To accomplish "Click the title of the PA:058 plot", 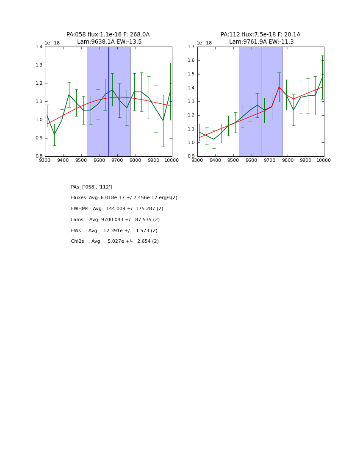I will pyautogui.click(x=108, y=38).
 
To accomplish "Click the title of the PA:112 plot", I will pyautogui.click(x=260, y=38).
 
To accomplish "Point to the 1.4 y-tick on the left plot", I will pyautogui.click(x=39, y=47).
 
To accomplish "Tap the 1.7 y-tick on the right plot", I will pyautogui.click(x=191, y=47).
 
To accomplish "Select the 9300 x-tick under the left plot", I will pyautogui.click(x=45, y=161).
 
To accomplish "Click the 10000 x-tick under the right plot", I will pyautogui.click(x=324, y=161).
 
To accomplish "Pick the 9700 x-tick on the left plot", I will pyautogui.click(x=117, y=161).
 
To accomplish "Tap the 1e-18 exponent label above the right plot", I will pyautogui.click(x=204, y=43).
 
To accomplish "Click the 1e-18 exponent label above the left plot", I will pyautogui.click(x=52, y=43).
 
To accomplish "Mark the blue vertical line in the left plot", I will pyautogui.click(x=108, y=102).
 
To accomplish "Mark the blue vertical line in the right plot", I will pyautogui.click(x=261, y=102).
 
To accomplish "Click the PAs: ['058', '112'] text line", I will pyautogui.click(x=91, y=187).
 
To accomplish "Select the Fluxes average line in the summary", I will pyautogui.click(x=124, y=198).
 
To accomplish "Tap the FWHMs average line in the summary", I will pyautogui.click(x=117, y=209).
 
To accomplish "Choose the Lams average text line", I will pyautogui.click(x=115, y=220).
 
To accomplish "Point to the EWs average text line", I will pyautogui.click(x=114, y=231).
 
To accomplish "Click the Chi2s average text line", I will pyautogui.click(x=115, y=241).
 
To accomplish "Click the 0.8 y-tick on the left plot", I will pyautogui.click(x=39, y=156).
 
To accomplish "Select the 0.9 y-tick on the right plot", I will pyautogui.click(x=191, y=156).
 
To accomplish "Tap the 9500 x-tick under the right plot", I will pyautogui.click(x=233, y=161).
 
